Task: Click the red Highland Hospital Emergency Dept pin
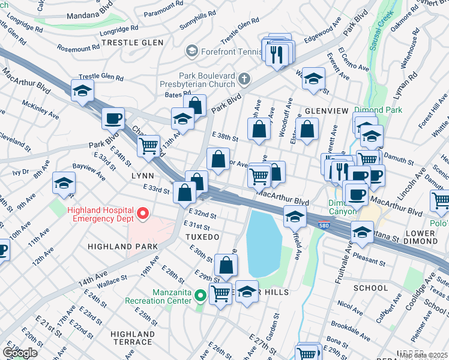[142, 214]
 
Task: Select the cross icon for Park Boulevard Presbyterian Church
[244, 79]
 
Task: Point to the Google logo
[20, 353]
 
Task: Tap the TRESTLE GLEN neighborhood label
[128, 43]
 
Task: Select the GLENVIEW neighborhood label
[327, 111]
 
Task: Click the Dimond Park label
[376, 110]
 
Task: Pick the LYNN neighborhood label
[143, 176]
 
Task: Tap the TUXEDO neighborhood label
[198, 238]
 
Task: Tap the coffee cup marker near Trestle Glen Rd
[112, 118]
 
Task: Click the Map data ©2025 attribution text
[423, 355]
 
